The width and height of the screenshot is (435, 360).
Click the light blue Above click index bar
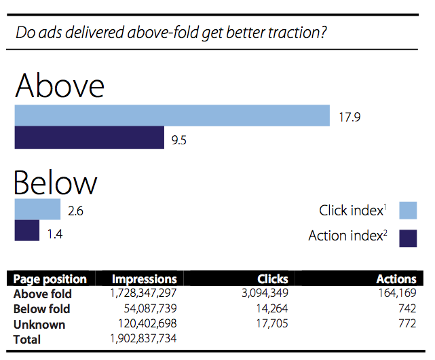[x=172, y=115]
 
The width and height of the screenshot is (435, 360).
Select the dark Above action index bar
[x=90, y=137]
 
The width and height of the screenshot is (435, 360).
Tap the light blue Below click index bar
[x=37, y=209]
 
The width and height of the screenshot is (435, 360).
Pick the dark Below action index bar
[x=27, y=230]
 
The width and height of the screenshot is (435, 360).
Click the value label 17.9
[x=349, y=117]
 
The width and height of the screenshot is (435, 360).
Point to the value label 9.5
[x=179, y=140]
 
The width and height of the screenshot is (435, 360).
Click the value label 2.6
[x=75, y=211]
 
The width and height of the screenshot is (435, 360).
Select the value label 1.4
[x=55, y=234]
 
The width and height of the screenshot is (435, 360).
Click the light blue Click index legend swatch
[x=408, y=211]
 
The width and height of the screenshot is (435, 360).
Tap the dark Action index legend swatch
[x=408, y=238]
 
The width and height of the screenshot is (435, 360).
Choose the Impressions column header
[x=145, y=279]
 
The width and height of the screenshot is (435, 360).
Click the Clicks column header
[x=273, y=279]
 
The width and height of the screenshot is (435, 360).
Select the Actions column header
[x=396, y=279]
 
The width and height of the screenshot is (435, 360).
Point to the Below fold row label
[x=41, y=309]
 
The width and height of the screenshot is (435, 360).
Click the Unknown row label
[x=39, y=325]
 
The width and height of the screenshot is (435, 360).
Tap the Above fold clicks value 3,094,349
[x=265, y=293]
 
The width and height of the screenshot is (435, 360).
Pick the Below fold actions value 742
[x=407, y=308]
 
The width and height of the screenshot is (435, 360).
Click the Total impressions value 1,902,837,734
[x=143, y=339]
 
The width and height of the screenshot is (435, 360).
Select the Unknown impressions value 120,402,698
[x=147, y=323]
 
